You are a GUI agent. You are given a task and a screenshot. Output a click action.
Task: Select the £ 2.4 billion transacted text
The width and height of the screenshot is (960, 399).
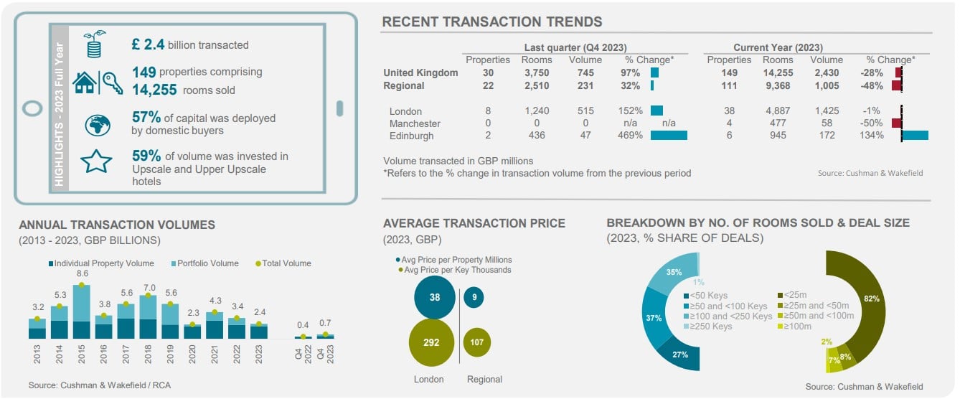[x=190, y=44]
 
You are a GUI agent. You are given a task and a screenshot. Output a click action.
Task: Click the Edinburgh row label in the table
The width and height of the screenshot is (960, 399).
[x=413, y=135]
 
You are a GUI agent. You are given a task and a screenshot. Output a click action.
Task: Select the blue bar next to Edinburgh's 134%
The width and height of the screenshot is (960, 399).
[x=915, y=135]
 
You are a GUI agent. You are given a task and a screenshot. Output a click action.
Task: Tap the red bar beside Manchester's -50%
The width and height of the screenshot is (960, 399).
[x=896, y=123]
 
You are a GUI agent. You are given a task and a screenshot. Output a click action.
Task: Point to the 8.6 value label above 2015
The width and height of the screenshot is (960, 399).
[x=82, y=273]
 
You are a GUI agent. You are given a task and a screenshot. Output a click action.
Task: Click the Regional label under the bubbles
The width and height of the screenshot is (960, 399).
[x=484, y=379]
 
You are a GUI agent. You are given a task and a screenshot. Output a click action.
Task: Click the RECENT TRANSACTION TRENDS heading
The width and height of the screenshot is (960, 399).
[x=491, y=22]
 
